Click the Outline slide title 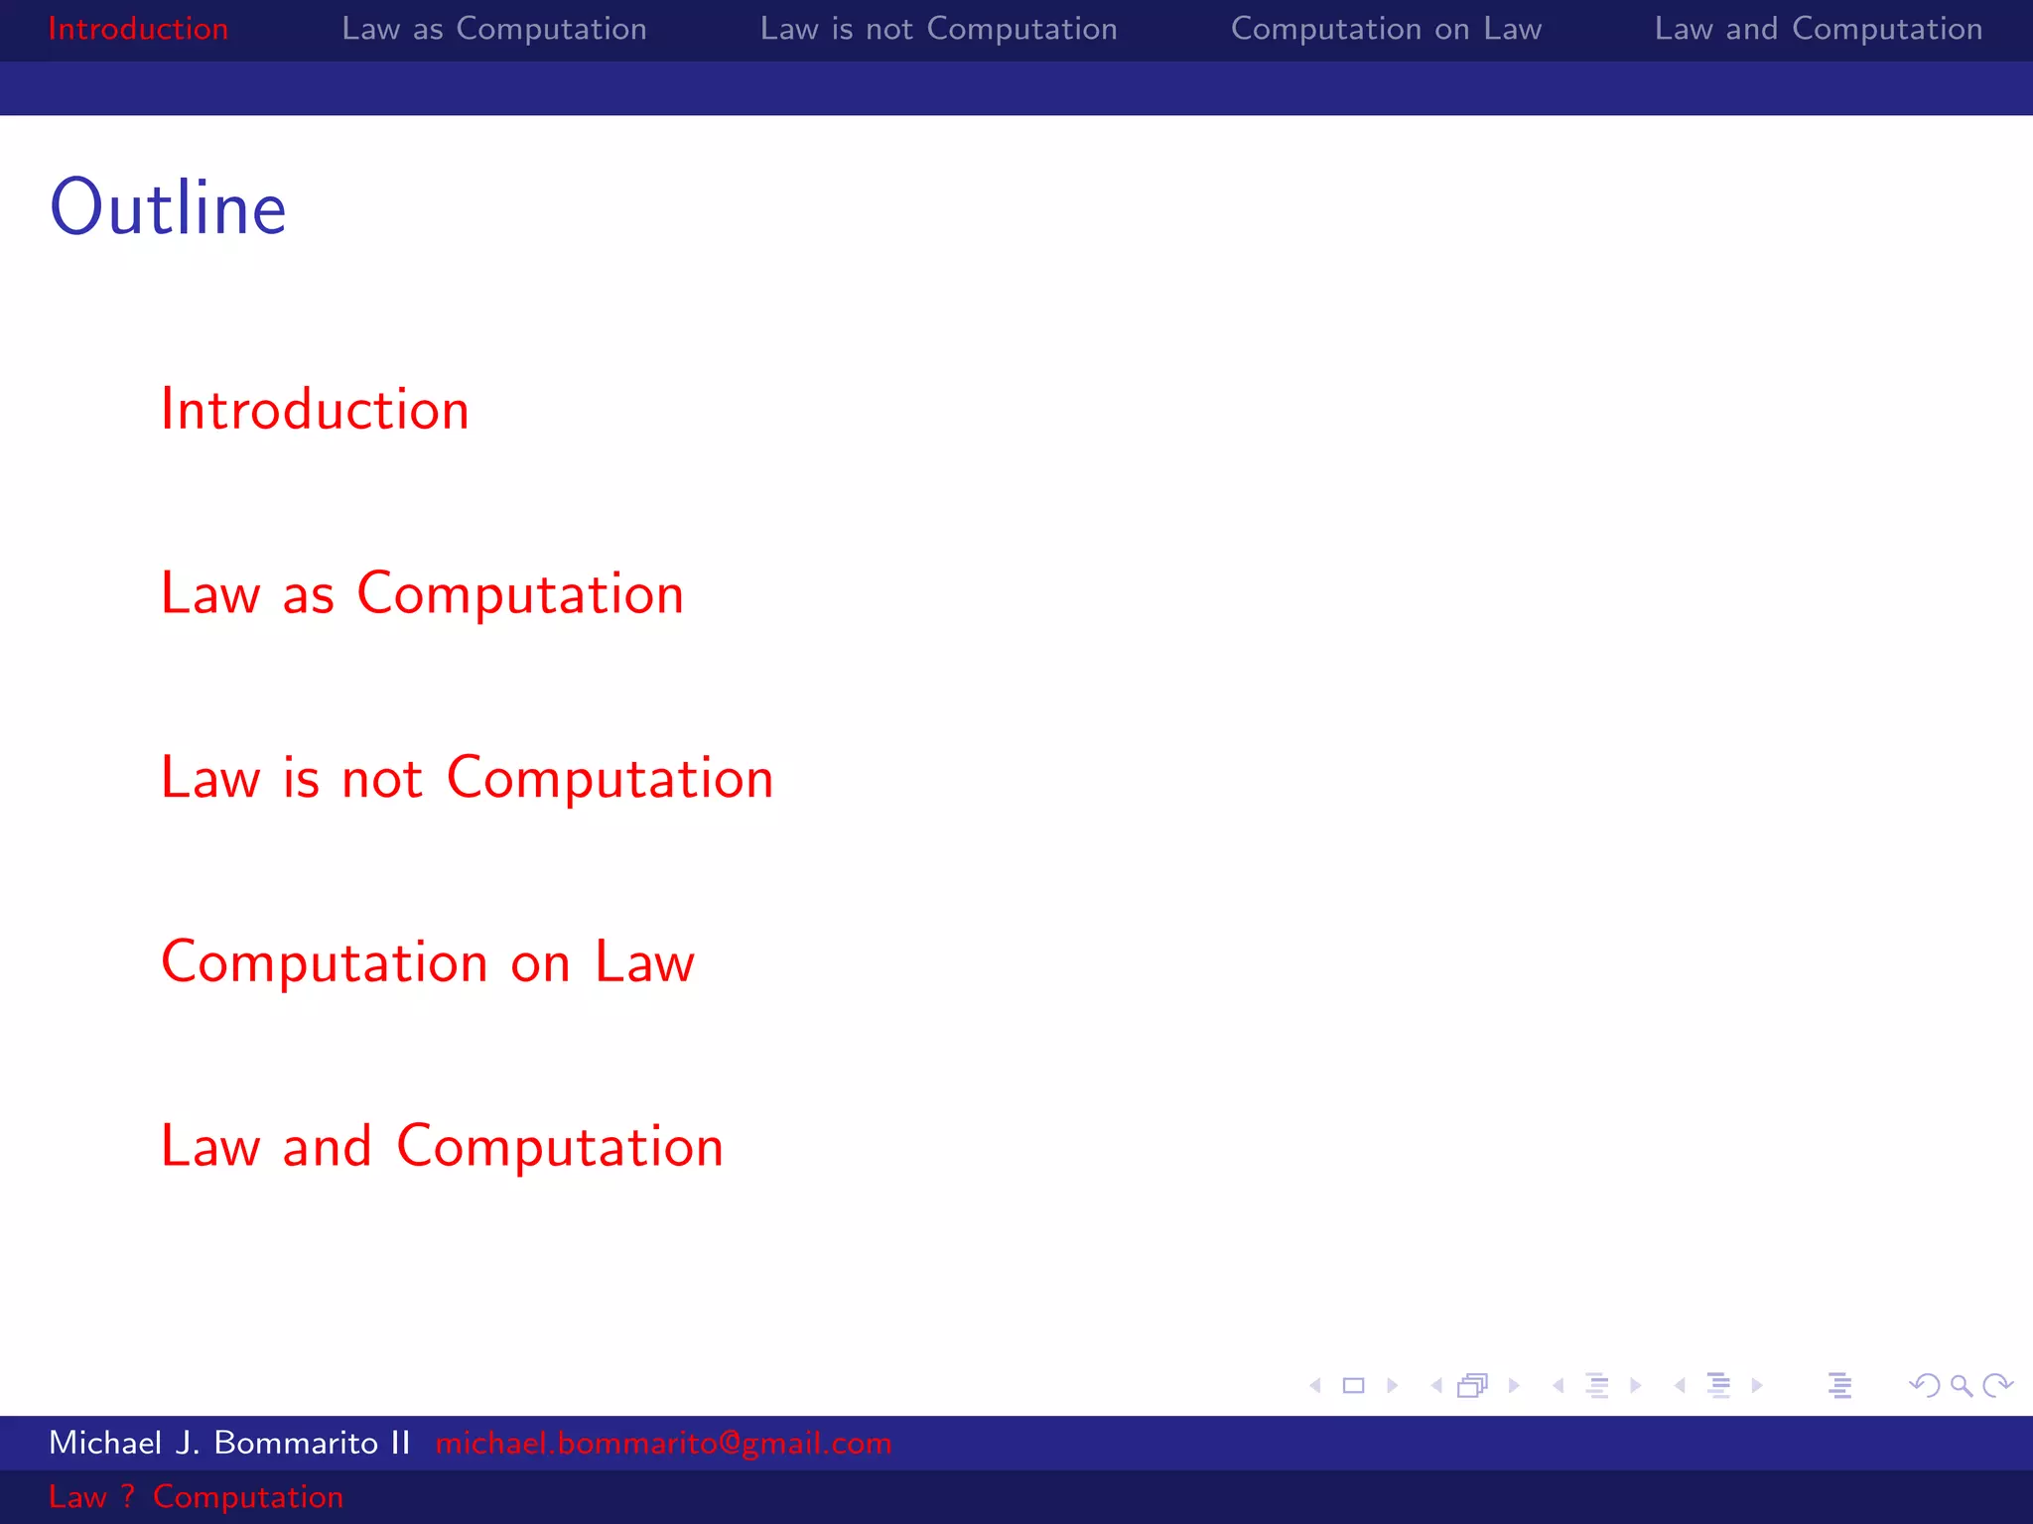[x=168, y=208]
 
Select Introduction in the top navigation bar [x=138, y=29]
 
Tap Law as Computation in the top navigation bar [x=493, y=29]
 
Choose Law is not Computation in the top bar [x=938, y=29]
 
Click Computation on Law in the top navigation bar [x=1386, y=29]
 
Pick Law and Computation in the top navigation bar [x=1818, y=29]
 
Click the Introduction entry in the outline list [x=315, y=409]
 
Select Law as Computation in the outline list [x=422, y=593]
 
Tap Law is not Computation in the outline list [x=467, y=777]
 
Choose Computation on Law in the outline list [x=428, y=961]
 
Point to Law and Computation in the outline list [x=442, y=1146]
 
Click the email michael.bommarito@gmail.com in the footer [x=663, y=1443]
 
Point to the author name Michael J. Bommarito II [x=229, y=1443]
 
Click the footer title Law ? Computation [x=196, y=1496]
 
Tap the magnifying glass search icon [x=1961, y=1385]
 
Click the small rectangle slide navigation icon [x=1353, y=1385]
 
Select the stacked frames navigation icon [x=1473, y=1385]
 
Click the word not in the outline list [x=382, y=779]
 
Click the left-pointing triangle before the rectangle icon [x=1315, y=1385]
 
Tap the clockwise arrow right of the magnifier [x=1997, y=1385]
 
